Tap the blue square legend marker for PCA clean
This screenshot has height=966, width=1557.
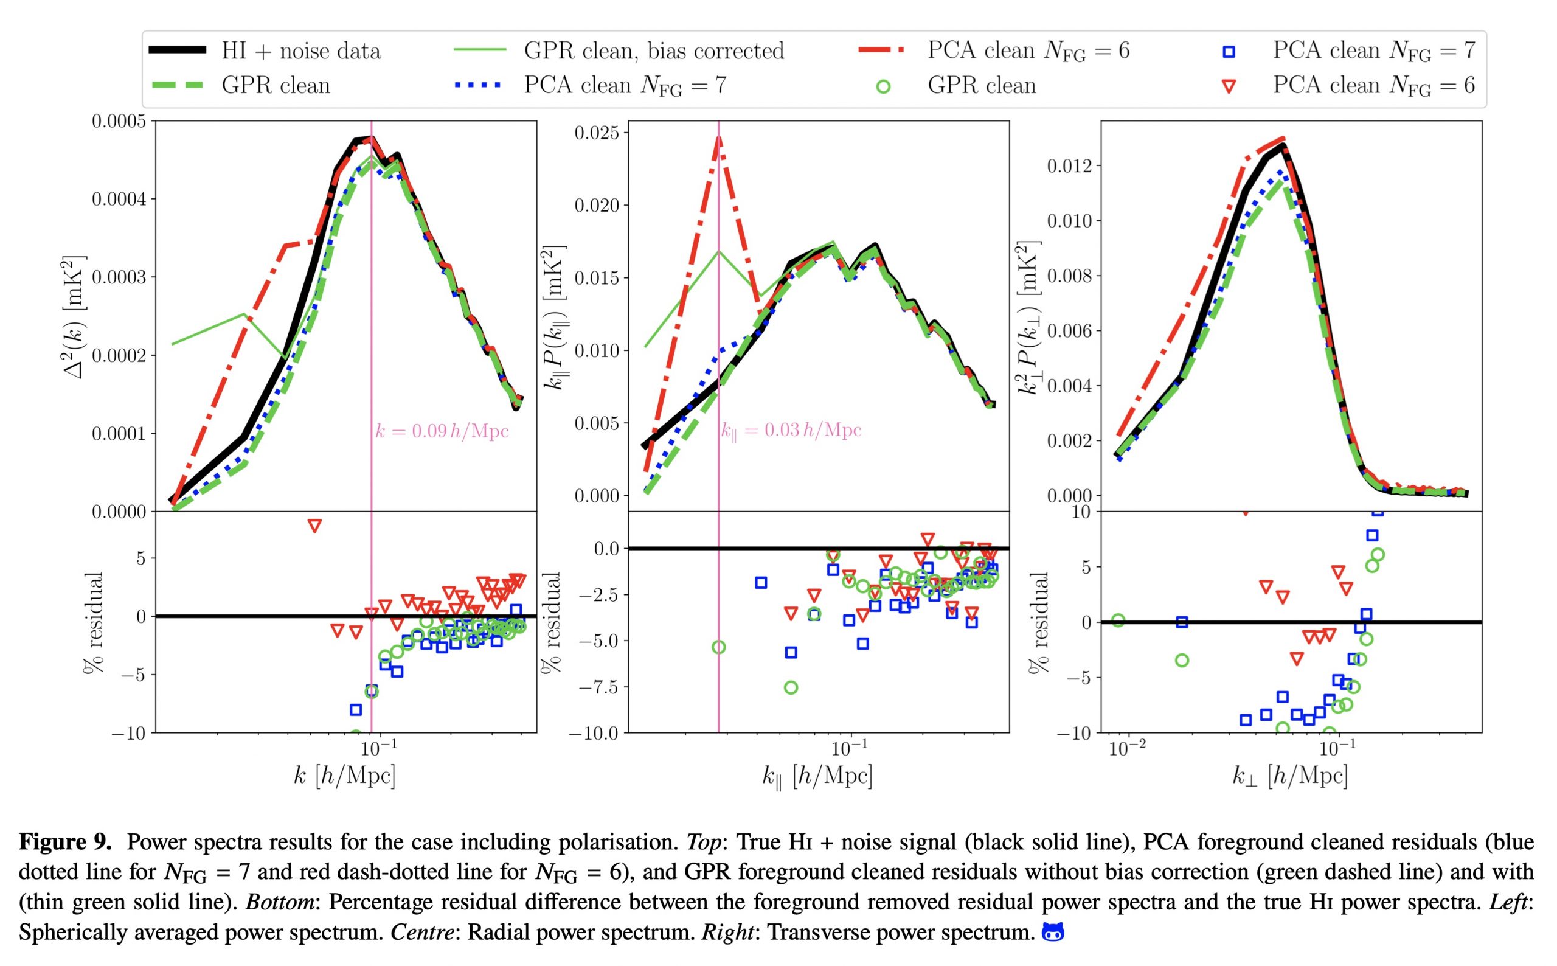pyautogui.click(x=1228, y=52)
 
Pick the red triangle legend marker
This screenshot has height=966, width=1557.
pyautogui.click(x=1228, y=86)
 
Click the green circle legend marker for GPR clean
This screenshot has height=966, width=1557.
pyautogui.click(x=883, y=86)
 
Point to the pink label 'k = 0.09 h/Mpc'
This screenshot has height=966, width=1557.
pyautogui.click(x=442, y=431)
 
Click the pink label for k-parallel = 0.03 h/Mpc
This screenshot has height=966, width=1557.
pyautogui.click(x=791, y=430)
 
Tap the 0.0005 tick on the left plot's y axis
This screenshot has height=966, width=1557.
pyautogui.click(x=119, y=122)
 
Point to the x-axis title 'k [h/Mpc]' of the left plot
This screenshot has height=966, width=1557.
pyautogui.click(x=344, y=776)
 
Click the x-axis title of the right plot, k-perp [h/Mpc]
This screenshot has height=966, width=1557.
pyautogui.click(x=1290, y=776)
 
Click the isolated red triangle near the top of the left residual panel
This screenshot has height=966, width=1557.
pyautogui.click(x=314, y=526)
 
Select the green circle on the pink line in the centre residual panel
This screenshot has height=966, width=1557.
pyautogui.click(x=718, y=647)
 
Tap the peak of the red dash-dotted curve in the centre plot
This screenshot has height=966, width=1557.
pyautogui.click(x=718, y=139)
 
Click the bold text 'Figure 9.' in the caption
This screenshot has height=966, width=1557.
pyautogui.click(x=65, y=842)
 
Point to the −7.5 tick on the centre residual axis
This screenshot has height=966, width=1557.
pyautogui.click(x=600, y=687)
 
